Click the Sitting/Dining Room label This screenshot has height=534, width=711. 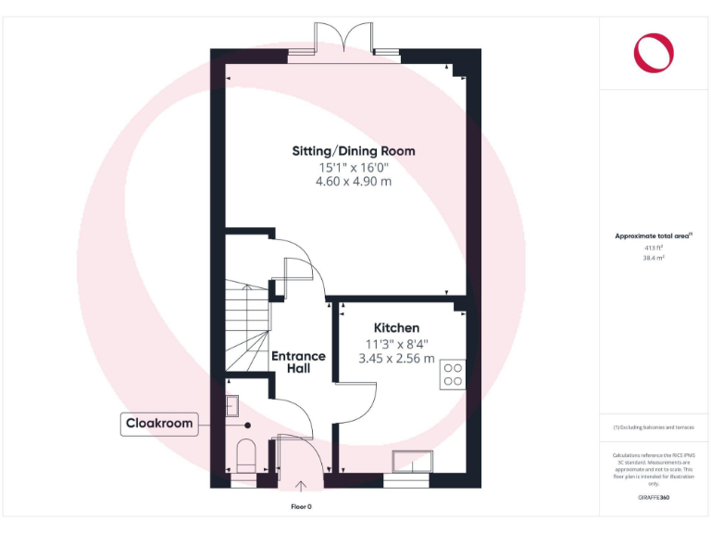click(354, 151)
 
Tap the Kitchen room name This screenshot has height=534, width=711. click(396, 328)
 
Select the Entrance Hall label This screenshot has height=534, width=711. click(298, 362)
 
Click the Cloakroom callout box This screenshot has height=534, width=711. click(159, 424)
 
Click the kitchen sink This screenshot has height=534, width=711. click(410, 461)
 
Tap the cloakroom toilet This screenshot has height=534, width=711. click(245, 455)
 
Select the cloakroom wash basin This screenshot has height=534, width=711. click(232, 404)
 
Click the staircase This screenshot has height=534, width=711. click(247, 329)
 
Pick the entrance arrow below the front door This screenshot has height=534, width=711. click(300, 485)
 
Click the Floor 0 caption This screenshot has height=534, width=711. click(301, 507)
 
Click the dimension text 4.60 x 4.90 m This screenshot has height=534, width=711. click(354, 182)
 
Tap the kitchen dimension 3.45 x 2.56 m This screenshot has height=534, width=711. click(396, 358)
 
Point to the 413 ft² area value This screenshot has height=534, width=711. click(654, 248)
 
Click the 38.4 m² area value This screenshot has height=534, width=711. click(654, 259)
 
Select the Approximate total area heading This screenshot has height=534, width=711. click(654, 236)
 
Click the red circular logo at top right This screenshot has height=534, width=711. click(654, 52)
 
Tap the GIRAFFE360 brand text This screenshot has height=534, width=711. click(654, 499)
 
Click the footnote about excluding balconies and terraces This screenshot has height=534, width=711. click(654, 426)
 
